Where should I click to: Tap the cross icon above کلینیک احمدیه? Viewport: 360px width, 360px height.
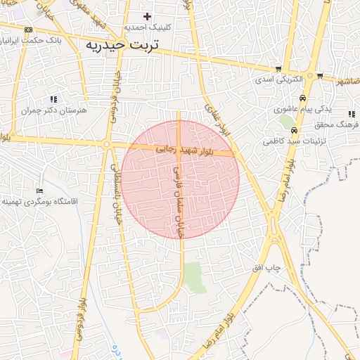(x=147, y=16)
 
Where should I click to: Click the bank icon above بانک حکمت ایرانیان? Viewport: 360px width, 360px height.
(x=28, y=30)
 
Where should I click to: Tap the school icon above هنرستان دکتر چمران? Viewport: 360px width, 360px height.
(x=54, y=99)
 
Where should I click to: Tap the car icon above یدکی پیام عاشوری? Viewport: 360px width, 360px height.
(x=302, y=98)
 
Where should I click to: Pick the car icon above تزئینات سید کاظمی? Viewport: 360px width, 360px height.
(x=294, y=131)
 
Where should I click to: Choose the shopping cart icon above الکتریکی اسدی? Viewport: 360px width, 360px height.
(x=279, y=69)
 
